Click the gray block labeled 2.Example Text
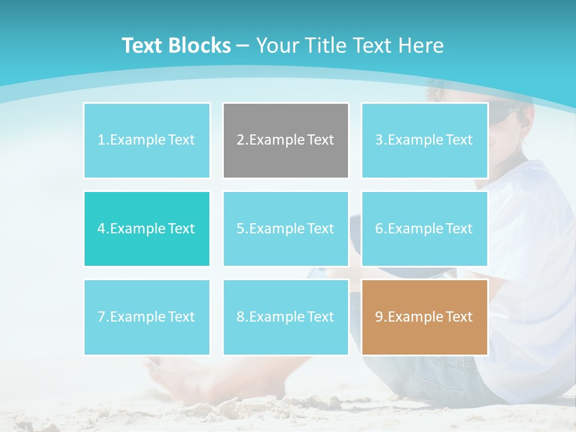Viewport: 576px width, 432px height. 286,140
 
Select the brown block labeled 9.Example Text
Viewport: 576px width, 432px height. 424,317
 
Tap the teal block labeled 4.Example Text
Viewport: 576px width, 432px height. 147,229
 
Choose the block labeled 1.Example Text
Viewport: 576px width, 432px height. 147,140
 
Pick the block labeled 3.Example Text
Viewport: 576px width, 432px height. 424,140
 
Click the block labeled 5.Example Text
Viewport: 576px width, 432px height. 286,229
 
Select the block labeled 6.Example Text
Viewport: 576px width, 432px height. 424,229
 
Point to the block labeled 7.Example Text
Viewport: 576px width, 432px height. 147,317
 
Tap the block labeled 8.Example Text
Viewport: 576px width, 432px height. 286,317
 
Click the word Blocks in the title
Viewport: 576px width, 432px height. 200,46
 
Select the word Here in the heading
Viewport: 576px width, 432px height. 422,46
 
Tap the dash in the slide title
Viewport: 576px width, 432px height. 244,46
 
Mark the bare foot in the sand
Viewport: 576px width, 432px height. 180,378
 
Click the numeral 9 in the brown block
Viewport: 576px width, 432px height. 379,317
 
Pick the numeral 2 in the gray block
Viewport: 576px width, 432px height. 241,140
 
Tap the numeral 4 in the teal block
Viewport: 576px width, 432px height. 101,229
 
